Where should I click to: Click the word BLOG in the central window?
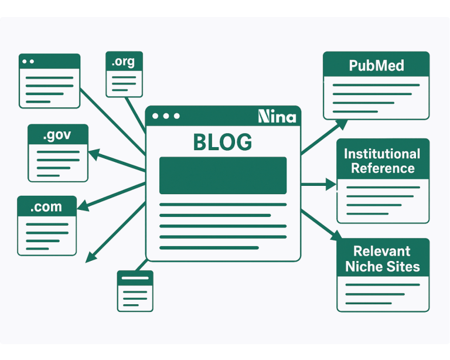223,142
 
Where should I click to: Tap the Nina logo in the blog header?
277,116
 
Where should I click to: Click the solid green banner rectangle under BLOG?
223,175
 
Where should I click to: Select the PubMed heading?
376,65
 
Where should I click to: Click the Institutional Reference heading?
382,161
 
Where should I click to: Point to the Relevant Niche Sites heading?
383,259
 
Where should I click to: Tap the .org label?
124,62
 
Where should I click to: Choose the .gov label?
57,135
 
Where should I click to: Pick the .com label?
47,207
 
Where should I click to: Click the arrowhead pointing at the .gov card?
93,154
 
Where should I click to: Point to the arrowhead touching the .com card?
82,206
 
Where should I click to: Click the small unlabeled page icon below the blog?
135,290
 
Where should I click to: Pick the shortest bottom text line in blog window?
209,247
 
